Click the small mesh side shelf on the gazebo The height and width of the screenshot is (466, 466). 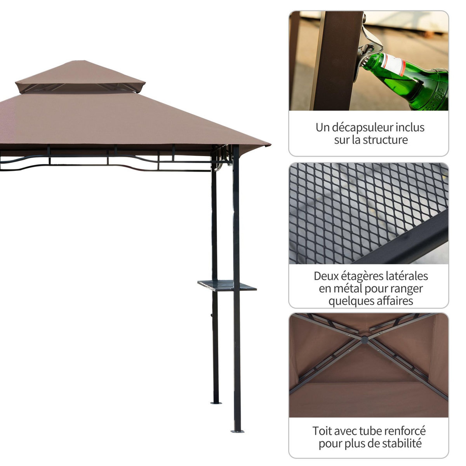pyautogui.click(x=227, y=285)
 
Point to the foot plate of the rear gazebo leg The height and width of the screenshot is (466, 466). pyautogui.click(x=216, y=402)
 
